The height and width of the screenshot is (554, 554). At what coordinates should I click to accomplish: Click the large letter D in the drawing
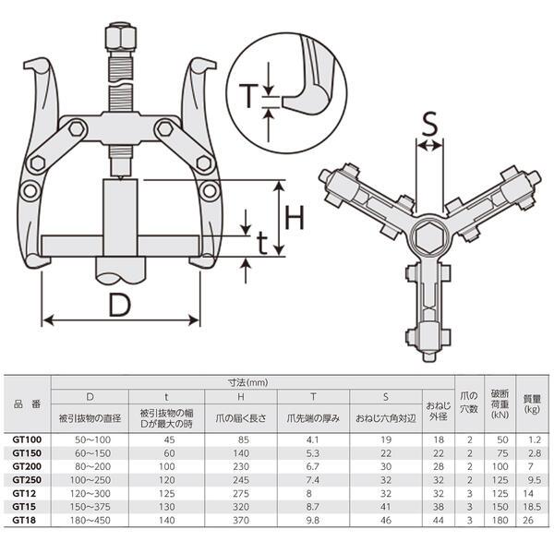(118, 304)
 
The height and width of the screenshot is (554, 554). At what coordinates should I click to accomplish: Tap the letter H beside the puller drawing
(295, 218)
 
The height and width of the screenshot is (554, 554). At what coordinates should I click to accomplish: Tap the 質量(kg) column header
(531, 403)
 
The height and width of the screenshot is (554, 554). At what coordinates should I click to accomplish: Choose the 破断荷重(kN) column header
(499, 403)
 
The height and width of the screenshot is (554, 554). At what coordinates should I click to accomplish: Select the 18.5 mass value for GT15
(531, 507)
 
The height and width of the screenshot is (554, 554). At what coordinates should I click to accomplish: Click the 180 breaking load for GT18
(499, 520)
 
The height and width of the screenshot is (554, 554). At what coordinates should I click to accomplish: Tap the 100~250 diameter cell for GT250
(90, 481)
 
